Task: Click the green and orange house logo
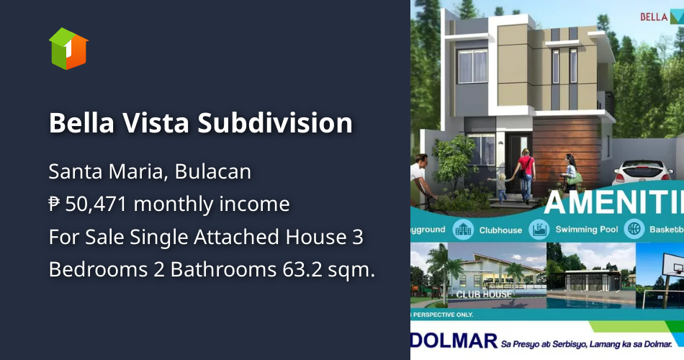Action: tap(68, 48)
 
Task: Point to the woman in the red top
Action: tap(526, 173)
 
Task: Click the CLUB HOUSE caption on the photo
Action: tap(484, 294)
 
